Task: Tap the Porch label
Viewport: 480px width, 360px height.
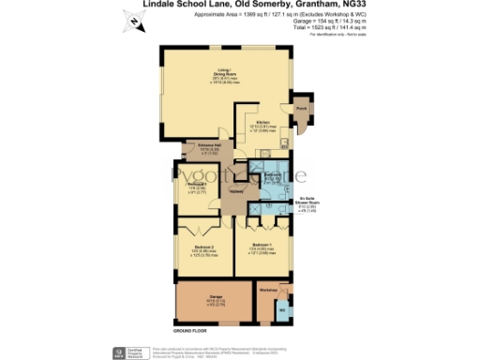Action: pos(302,109)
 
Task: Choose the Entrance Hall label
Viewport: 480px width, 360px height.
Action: pos(208,145)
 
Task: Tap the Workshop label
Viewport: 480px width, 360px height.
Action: pos(269,289)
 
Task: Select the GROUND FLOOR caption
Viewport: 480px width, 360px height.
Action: pos(188,332)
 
